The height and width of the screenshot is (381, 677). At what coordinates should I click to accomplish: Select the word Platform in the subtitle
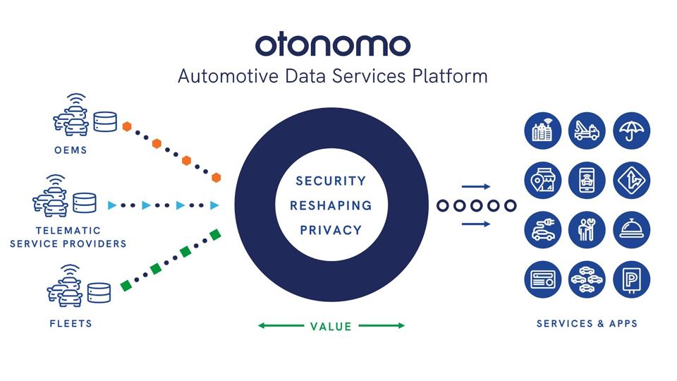coord(453,76)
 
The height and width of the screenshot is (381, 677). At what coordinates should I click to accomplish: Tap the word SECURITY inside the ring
coord(331,181)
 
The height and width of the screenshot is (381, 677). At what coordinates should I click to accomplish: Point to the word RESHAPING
coord(331,205)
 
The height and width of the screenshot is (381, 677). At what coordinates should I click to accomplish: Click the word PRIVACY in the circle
coord(331,230)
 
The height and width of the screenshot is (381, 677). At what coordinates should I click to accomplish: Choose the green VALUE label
coord(331,326)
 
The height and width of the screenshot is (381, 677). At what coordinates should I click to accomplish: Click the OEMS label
coord(71,150)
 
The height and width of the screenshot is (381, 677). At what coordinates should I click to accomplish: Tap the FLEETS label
coord(71,324)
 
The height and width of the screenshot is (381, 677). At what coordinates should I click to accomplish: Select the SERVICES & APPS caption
coord(587,324)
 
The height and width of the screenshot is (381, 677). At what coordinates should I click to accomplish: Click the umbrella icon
coord(631,131)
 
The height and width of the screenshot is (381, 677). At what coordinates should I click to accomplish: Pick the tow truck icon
coord(587,131)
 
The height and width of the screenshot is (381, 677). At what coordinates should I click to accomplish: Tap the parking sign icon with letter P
coord(631,279)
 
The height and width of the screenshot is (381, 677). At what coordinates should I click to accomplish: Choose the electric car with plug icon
coord(543,230)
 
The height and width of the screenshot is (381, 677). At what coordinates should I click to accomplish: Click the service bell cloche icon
coord(631,230)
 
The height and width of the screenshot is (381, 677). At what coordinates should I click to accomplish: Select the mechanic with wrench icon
coord(587,230)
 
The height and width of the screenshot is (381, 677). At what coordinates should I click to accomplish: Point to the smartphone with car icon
coord(587,181)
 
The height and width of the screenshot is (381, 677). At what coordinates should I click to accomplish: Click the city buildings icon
coord(543,131)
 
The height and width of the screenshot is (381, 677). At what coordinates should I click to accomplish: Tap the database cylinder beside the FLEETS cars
coord(99,291)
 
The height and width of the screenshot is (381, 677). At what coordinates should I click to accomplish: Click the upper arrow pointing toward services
coord(476,187)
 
